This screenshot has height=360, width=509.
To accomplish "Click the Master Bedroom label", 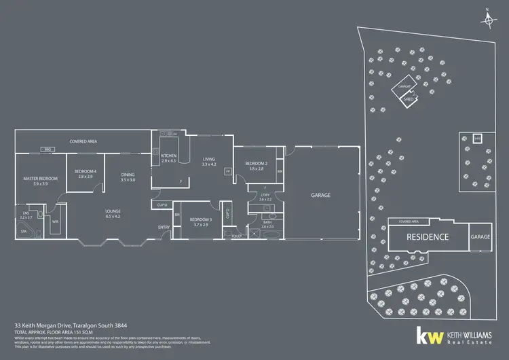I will tap(41, 179).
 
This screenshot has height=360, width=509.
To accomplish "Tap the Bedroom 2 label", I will tap(255, 164).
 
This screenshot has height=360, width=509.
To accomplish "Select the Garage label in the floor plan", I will tap(320, 195).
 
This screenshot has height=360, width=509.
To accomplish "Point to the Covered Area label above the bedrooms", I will tap(83, 141).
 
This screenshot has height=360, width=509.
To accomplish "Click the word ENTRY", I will tap(164, 227).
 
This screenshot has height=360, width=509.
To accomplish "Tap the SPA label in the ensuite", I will tap(24, 231).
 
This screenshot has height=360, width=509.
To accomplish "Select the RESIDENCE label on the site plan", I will tap(428, 237).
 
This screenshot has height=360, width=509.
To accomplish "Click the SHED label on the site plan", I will tap(408, 99).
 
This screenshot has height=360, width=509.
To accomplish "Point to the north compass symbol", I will tap(489, 20).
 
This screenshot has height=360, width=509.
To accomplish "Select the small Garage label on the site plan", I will tap(480, 237).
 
